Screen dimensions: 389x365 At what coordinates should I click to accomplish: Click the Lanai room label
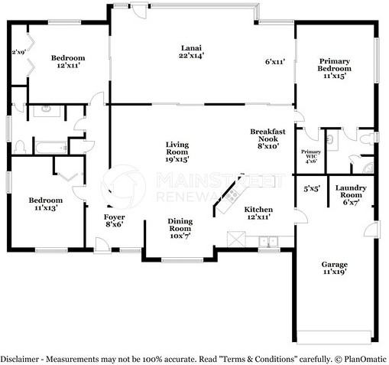click(x=191, y=48)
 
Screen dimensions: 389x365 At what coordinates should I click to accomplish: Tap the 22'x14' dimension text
click(x=191, y=56)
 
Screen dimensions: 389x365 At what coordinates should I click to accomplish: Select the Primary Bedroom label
click(x=334, y=65)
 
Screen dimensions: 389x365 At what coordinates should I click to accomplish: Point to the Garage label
click(x=335, y=264)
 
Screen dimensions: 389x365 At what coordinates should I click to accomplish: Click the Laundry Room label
click(x=351, y=191)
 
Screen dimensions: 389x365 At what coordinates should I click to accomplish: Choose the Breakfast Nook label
click(x=267, y=135)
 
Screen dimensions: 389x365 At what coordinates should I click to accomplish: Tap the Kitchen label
click(x=258, y=210)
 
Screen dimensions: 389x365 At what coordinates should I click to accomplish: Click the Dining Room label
click(x=180, y=225)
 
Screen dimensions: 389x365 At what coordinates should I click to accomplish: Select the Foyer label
click(x=115, y=217)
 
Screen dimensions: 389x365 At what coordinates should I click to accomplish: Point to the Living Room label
click(x=177, y=148)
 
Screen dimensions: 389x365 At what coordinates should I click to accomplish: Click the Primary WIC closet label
click(x=311, y=154)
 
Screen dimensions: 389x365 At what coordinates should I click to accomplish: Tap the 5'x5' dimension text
click(x=312, y=189)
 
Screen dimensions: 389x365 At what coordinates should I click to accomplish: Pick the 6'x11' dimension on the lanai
click(x=275, y=61)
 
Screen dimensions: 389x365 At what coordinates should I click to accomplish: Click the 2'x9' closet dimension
click(x=19, y=52)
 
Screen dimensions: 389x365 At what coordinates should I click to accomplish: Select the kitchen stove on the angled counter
click(x=232, y=195)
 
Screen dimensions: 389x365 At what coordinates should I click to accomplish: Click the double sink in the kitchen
click(x=268, y=241)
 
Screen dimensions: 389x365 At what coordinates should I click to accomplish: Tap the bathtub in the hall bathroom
click(x=51, y=148)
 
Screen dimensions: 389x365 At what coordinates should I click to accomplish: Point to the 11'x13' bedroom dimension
click(x=46, y=208)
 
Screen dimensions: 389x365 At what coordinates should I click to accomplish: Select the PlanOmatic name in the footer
click(x=365, y=359)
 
